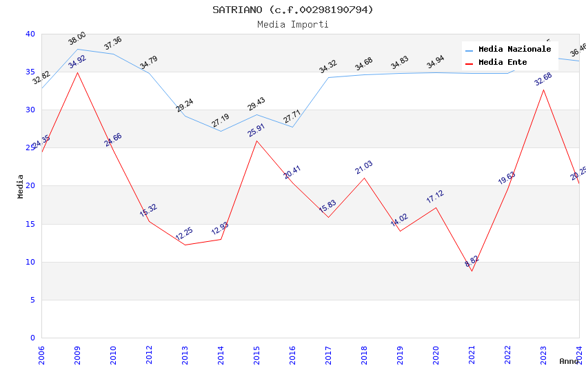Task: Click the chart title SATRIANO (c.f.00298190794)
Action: tap(293, 10)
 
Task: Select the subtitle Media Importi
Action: tap(293, 24)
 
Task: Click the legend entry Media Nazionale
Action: tap(514, 50)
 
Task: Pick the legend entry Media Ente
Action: tap(503, 63)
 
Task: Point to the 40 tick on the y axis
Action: tap(30, 34)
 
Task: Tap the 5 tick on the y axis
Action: tap(32, 300)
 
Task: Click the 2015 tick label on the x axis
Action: tap(256, 356)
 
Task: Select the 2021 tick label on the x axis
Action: tap(472, 356)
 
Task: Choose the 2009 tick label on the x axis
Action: tap(77, 356)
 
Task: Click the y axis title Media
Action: tap(21, 186)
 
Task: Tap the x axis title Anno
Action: tap(569, 361)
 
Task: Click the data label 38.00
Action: tap(77, 38)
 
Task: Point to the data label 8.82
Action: tap(472, 261)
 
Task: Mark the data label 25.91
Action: tap(256, 130)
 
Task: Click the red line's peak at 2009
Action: tap(77, 72)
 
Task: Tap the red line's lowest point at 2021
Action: tap(472, 271)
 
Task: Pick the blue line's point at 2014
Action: tap(221, 131)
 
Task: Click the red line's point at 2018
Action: tap(364, 178)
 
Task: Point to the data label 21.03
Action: tap(364, 167)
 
